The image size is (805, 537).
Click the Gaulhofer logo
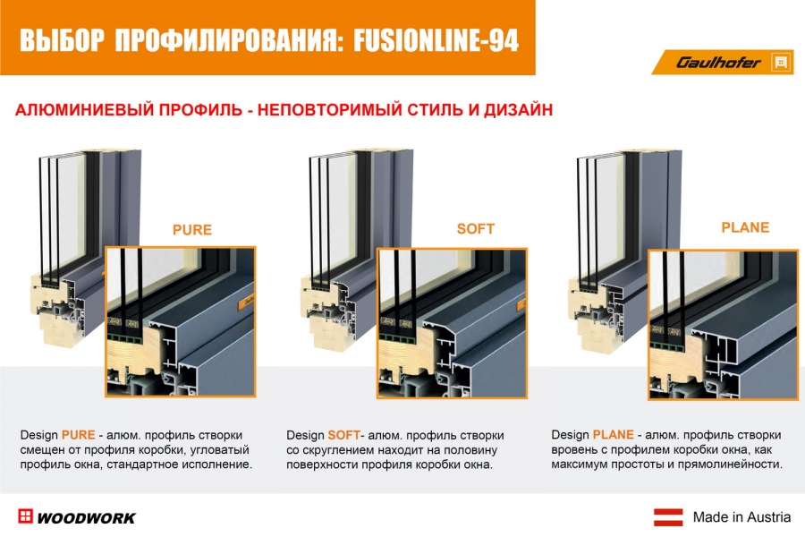pos(724,62)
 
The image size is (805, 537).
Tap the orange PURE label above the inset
pos(192,230)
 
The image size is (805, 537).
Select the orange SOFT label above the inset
pos(476,229)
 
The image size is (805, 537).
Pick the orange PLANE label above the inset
pos(745,227)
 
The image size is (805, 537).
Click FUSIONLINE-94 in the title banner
pos(436,40)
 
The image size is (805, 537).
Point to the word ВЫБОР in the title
pos(62,40)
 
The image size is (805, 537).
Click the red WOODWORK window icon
pos(25,516)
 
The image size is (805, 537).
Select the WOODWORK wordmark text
pos(86,518)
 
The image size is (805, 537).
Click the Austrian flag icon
pos(668,517)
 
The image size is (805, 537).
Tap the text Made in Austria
pos(741,517)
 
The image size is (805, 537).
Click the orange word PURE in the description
pos(79,435)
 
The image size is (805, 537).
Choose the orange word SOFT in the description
pos(344,435)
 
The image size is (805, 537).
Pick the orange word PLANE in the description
pos(613,434)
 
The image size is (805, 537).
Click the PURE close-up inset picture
pos(180,321)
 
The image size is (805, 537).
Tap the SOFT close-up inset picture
pos(453,323)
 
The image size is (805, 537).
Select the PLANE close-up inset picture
pos(724,325)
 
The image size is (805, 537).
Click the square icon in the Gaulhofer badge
pos(781,63)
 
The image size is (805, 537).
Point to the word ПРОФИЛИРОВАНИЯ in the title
pos(229,40)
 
